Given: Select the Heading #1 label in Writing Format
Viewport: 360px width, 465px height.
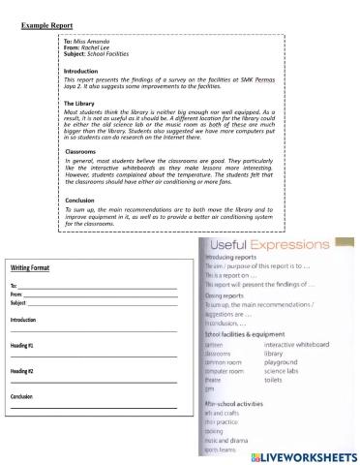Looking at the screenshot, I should (22, 344).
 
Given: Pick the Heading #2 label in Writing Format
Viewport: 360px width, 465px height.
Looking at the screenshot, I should (22, 370).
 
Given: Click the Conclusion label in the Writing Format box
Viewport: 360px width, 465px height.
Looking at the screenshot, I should (21, 396).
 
